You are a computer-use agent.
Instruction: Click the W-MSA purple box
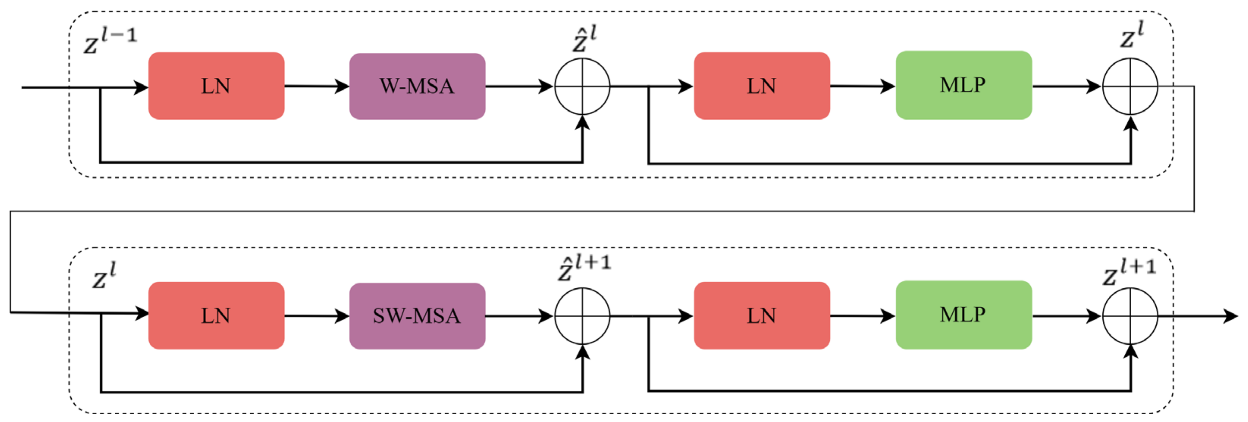pyautogui.click(x=417, y=86)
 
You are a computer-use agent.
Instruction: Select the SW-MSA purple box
pyautogui.click(x=417, y=316)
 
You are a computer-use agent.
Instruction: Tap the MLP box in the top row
pyautogui.click(x=963, y=85)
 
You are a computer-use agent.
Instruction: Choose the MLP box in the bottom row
pyautogui.click(x=963, y=315)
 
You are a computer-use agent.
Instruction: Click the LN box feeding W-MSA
pyautogui.click(x=216, y=86)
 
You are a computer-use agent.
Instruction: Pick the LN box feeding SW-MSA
pyautogui.click(x=216, y=316)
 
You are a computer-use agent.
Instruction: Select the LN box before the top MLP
pyautogui.click(x=761, y=86)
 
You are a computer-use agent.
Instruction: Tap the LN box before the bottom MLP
pyautogui.click(x=761, y=316)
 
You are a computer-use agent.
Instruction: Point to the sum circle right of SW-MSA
pyautogui.click(x=582, y=316)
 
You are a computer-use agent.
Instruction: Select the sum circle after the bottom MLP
pyautogui.click(x=1130, y=316)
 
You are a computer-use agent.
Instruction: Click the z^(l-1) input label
pyautogui.click(x=110, y=40)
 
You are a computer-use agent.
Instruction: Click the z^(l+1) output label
pyautogui.click(x=1129, y=272)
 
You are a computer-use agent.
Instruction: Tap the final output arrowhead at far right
pyautogui.click(x=1231, y=316)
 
